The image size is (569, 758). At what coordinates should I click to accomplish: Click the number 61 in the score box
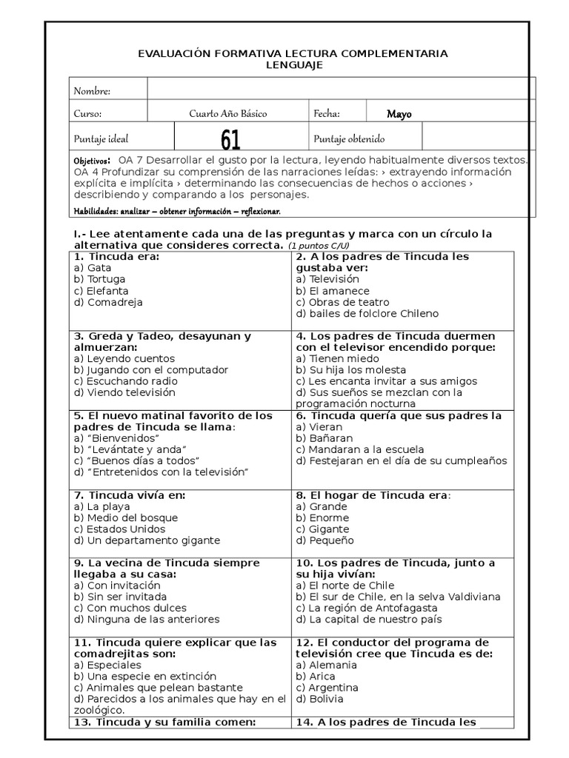tap(230, 138)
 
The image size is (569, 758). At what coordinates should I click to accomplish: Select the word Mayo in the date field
tap(399, 114)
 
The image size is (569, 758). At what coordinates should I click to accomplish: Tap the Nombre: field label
tap(92, 91)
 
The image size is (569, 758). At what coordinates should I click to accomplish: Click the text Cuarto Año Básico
tap(228, 114)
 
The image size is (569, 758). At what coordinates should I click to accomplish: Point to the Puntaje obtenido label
tap(349, 138)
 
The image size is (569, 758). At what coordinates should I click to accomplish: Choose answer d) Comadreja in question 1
tap(108, 302)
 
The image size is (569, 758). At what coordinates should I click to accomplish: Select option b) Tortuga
tap(100, 279)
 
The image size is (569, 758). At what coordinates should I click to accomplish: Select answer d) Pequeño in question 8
tap(325, 540)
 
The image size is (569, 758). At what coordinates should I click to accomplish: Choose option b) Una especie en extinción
tap(145, 676)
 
